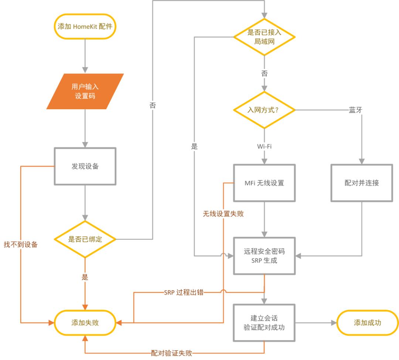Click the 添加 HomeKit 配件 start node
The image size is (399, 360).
85,27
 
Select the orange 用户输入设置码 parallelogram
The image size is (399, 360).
85,92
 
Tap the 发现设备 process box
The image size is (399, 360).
85,166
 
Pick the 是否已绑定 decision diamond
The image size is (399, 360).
85,239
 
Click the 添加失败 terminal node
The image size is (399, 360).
85,323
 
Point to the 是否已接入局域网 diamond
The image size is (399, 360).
264,37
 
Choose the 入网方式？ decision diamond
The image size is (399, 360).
264,110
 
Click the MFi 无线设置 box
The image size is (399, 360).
264,183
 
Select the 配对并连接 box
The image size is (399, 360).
361,183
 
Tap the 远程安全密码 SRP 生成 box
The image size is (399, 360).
264,256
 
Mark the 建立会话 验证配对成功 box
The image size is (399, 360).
264,323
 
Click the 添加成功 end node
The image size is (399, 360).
367,323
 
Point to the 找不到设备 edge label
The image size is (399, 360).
21,244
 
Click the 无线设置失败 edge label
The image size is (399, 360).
223,214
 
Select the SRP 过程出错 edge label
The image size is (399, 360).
184,293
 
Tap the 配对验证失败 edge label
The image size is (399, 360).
171,353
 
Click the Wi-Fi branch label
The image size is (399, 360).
264,147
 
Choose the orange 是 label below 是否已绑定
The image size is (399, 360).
85,277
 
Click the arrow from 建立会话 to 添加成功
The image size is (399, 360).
316,323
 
